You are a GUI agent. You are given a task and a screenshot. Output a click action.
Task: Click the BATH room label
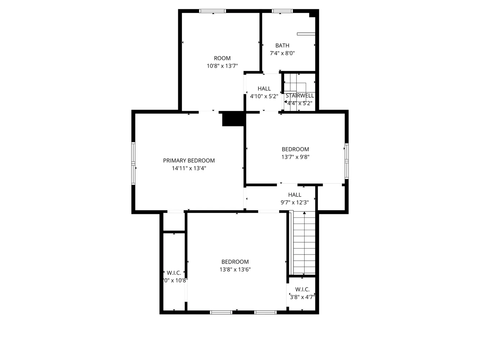(282, 45)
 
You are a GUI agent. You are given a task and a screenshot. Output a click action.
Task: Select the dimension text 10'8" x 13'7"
(222, 66)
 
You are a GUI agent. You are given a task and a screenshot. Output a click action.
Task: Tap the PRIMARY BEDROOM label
(189, 161)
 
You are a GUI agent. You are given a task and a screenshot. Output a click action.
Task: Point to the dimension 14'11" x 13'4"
(189, 168)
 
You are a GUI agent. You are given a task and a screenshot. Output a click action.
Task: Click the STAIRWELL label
(300, 96)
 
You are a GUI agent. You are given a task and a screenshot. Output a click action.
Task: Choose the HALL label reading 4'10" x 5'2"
(264, 89)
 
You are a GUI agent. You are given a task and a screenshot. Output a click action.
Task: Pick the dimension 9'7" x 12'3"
(295, 202)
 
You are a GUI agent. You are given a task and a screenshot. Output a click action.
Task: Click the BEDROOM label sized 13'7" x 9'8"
(295, 149)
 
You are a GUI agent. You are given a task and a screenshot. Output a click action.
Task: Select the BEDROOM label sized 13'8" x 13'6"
(235, 262)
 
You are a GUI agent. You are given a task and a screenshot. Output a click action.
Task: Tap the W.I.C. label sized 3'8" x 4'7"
(302, 289)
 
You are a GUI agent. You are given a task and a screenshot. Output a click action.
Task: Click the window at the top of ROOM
(213, 11)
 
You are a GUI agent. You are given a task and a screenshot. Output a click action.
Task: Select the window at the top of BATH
(282, 11)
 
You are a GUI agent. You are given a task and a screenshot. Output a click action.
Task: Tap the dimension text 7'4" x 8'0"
(282, 53)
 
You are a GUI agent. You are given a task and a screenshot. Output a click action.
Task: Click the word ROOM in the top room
(222, 58)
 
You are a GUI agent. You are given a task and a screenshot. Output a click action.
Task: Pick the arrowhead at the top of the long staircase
(305, 213)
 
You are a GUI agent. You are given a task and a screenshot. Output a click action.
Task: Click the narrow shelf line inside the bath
(306, 34)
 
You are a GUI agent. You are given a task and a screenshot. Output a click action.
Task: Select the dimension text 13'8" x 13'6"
(235, 269)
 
